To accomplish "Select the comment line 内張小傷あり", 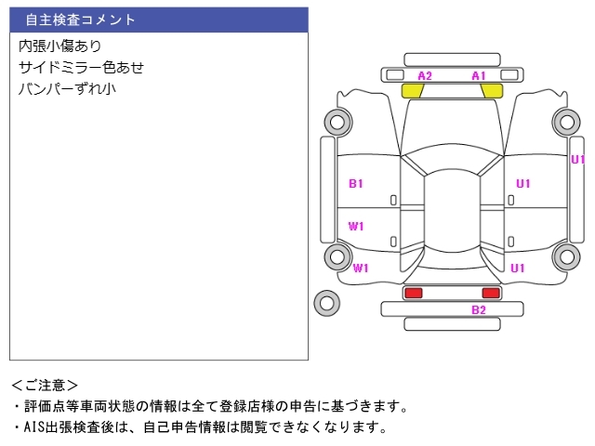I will point(60,46).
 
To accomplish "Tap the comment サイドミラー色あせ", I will point(82,67).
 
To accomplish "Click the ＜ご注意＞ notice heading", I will point(45,385).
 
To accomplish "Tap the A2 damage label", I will point(425,75).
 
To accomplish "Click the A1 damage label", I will point(479,75).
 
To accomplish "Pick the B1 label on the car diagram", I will point(356,184).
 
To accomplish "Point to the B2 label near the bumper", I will point(479,310).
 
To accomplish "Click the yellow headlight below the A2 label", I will point(412,91).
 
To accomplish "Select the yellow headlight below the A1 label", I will point(491,91).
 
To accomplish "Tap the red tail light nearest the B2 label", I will point(491,293).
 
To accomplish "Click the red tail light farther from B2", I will point(413,293).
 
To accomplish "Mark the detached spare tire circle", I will point(326,302).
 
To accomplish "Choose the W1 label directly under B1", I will point(356,226).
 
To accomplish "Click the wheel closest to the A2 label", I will point(336,121).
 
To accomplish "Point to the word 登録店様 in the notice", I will point(311,406).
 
